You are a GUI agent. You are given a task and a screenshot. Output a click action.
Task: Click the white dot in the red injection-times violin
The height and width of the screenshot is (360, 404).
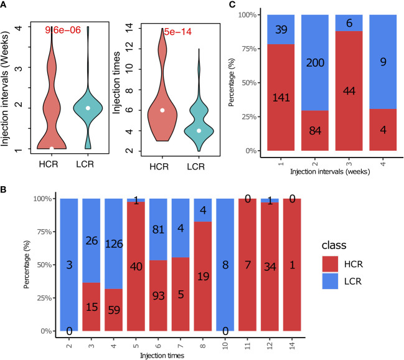click(161, 110)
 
